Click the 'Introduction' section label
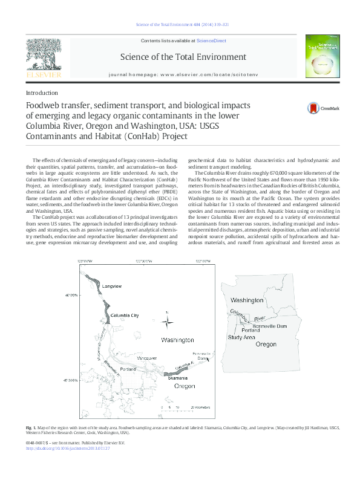(x=42, y=92)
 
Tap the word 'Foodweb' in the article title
(x=45, y=106)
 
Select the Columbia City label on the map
(x=123, y=315)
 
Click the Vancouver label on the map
(x=147, y=359)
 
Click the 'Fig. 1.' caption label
(x=31, y=428)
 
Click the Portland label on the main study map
(x=128, y=369)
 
